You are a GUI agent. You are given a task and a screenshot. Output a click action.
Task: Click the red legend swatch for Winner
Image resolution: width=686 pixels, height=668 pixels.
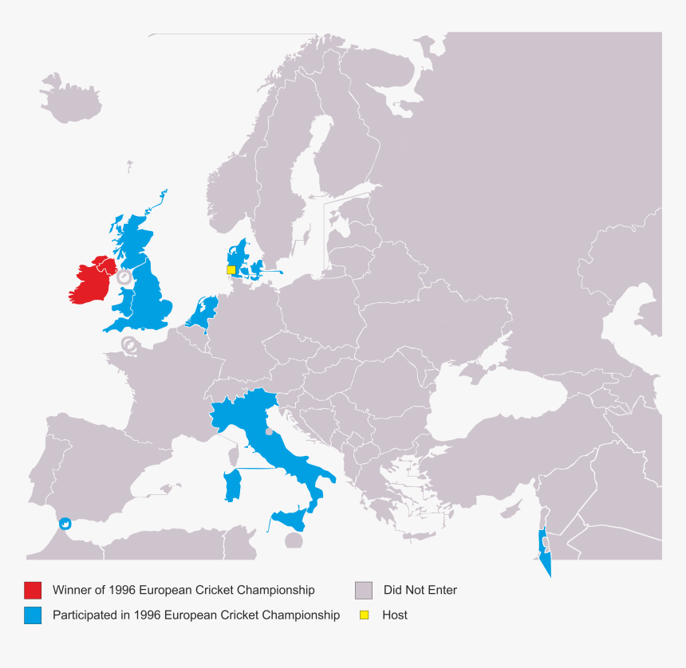(33, 591)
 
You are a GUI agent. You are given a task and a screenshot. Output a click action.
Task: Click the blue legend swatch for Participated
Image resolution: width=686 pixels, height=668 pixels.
(33, 615)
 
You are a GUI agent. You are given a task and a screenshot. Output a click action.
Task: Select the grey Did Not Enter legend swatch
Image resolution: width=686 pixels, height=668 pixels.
(364, 591)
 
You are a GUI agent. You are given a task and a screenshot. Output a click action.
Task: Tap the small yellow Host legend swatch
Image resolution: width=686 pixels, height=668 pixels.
(364, 615)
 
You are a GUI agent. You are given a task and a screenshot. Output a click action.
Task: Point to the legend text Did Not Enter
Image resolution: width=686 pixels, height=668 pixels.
(420, 591)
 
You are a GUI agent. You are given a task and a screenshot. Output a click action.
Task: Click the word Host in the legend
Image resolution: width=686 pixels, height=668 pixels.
(395, 615)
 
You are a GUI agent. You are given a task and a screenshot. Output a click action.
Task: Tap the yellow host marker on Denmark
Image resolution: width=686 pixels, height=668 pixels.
(231, 270)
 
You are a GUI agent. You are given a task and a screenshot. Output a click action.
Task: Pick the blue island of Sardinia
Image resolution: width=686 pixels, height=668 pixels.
(234, 484)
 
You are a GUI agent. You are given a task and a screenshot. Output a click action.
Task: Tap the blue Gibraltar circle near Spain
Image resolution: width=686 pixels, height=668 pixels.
(65, 523)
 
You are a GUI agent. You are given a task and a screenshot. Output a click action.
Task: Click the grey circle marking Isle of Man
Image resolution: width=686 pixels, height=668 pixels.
(124, 277)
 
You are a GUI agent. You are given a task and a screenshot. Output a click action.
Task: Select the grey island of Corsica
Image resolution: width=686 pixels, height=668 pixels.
(234, 456)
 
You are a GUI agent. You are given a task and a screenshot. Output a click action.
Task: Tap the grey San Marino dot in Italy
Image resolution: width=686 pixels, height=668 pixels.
(269, 432)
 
